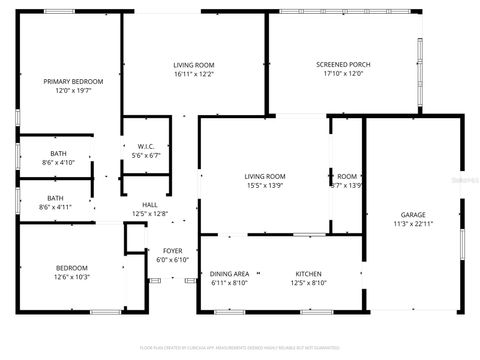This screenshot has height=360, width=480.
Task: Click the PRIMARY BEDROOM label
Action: coord(67,81)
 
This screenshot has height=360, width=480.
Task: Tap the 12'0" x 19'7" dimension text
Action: coord(67,91)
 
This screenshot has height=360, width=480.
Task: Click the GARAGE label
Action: coord(413,215)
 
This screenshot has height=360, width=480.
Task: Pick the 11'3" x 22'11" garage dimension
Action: coord(413,225)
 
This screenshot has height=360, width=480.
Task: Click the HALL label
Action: coord(149,203)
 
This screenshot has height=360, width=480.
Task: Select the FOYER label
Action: coord(172,250)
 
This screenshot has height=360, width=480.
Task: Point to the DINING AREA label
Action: coord(229,273)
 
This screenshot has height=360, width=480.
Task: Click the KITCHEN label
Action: coord(307,273)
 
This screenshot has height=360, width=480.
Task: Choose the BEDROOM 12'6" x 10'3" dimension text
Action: coord(72,277)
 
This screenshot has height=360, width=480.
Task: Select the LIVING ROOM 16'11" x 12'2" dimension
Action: coord(194,74)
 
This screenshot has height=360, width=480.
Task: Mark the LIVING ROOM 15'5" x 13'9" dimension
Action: coord(265,186)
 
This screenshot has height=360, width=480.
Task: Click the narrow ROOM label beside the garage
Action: coord(347,176)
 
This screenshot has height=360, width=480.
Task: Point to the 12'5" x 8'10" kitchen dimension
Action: coord(307,283)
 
